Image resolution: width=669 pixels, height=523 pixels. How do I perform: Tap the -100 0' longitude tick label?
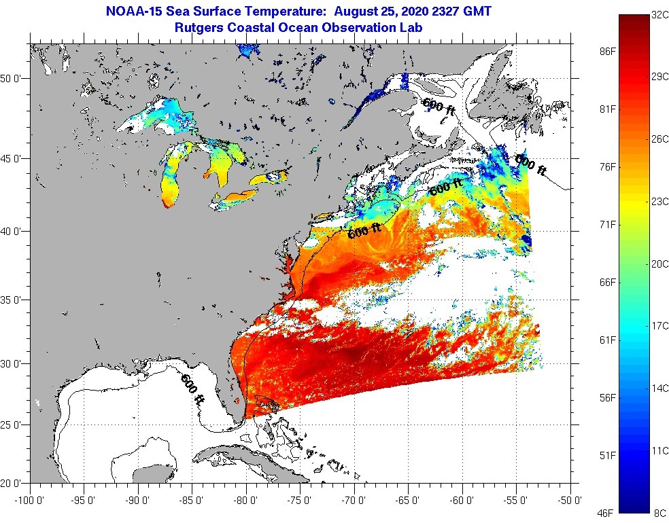pyautogui.click(x=27, y=501)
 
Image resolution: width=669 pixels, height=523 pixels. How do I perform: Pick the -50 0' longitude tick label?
pyautogui.click(x=569, y=501)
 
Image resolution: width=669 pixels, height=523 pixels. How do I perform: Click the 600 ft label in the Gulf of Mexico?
pyautogui.click(x=192, y=389)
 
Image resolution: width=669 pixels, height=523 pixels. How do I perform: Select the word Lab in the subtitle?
pyautogui.click(x=411, y=27)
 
